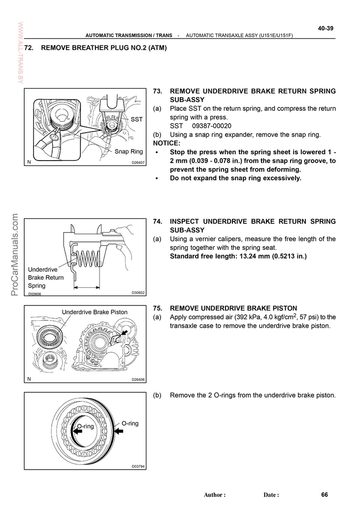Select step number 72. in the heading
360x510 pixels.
click(31, 48)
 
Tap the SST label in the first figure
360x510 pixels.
click(136, 119)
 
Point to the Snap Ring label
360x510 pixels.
click(129, 151)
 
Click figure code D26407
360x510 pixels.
click(138, 163)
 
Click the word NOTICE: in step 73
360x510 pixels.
click(167, 143)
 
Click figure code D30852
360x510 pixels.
click(138, 293)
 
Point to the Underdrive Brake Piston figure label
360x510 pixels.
click(95, 312)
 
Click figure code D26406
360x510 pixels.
click(138, 379)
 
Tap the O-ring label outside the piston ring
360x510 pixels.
click(130, 423)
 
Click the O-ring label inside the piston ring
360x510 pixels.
click(85, 426)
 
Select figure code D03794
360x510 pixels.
click(138, 466)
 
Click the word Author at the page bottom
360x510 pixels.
click(214, 495)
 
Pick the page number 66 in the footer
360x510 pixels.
click(325, 494)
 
